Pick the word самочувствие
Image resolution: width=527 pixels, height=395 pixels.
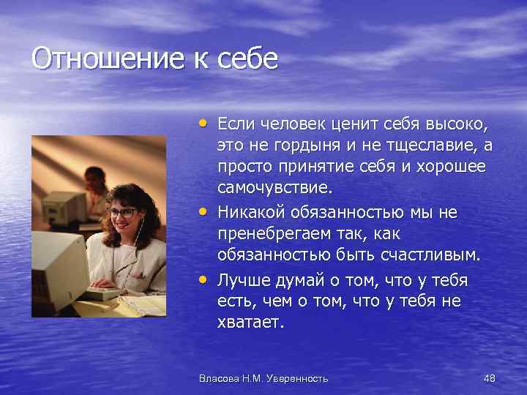[x=274, y=187]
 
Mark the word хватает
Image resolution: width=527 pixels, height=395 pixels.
[x=249, y=323]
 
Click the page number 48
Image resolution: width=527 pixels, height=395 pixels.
[x=489, y=378]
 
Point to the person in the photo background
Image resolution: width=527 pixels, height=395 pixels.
[x=94, y=183]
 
